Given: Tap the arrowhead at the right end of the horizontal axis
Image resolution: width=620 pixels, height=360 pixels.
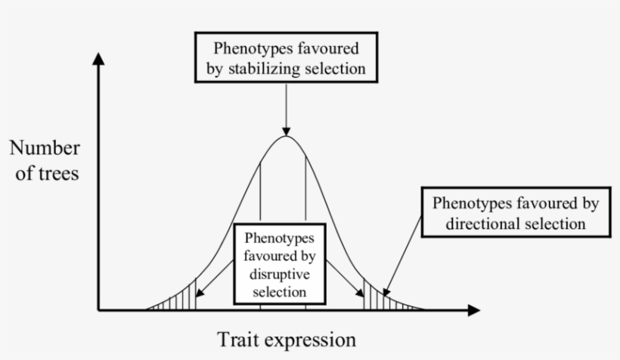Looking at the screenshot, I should (473, 310).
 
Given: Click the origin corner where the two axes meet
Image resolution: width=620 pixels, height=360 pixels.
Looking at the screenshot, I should (98, 310).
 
